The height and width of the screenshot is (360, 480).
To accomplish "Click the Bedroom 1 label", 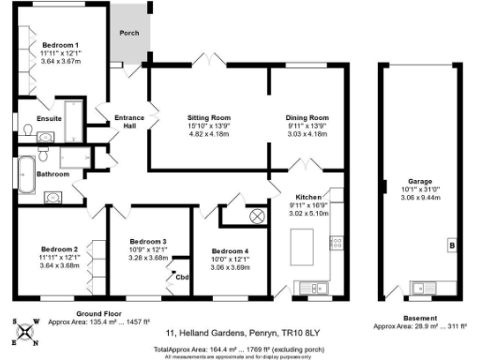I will [57, 45].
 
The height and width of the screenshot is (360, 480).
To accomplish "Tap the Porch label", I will [128, 34].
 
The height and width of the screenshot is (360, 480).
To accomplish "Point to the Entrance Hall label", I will [128, 122].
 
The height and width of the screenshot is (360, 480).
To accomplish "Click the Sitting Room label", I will [209, 118].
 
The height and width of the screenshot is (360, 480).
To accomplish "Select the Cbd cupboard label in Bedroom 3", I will [182, 276].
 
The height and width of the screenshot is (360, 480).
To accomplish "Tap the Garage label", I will [419, 181].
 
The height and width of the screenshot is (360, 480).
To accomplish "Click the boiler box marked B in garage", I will [452, 246].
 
